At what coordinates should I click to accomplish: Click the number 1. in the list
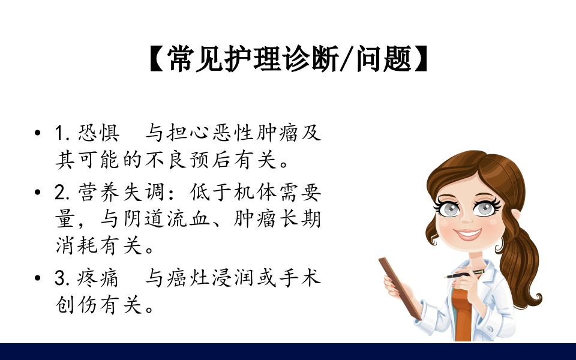pyautogui.click(x=63, y=133)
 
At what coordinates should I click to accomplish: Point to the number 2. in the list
pyautogui.click(x=63, y=193)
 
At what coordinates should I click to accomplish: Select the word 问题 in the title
pyautogui.click(x=382, y=60)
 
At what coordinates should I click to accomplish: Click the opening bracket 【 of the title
pyautogui.click(x=157, y=60)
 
